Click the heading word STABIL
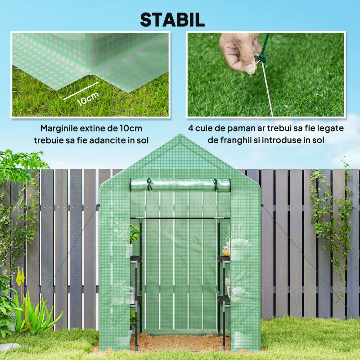tap(172, 19)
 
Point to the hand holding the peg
tap(238, 49)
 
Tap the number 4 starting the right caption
tap(190, 128)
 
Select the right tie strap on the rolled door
tap(216, 184)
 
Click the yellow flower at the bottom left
tap(19, 277)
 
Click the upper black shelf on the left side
tap(135, 259)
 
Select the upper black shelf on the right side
tap(224, 259)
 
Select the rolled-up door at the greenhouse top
tap(180, 184)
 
